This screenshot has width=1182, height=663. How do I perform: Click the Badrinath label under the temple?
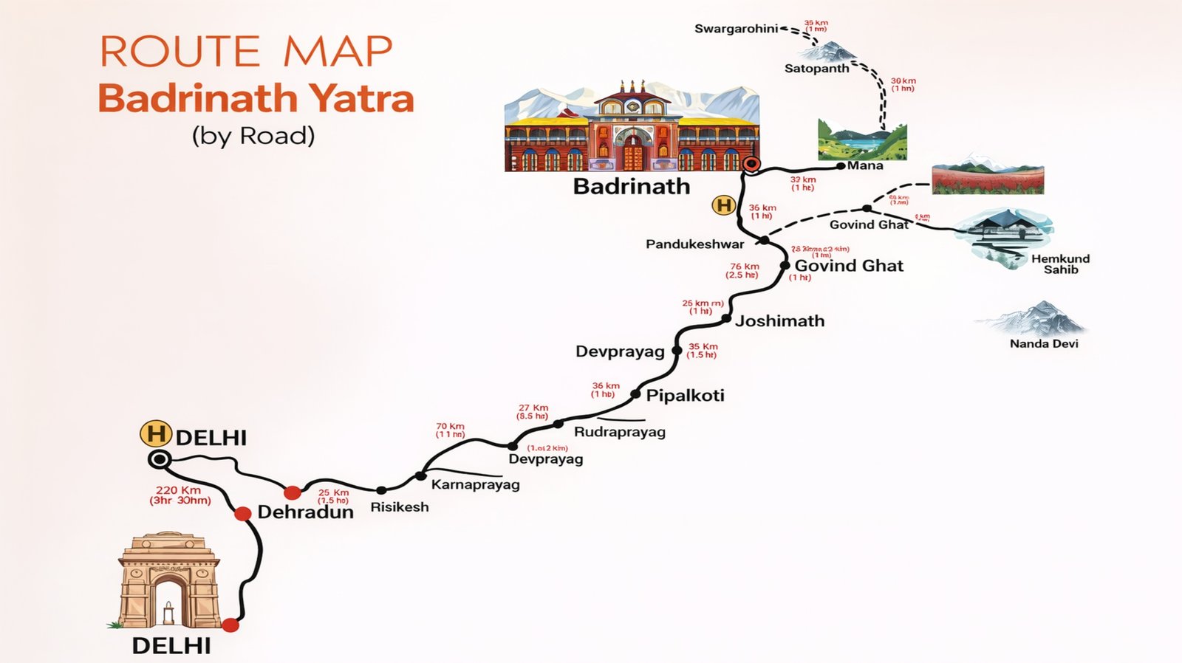click(x=632, y=186)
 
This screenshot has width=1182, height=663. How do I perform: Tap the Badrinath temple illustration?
click(x=632, y=127)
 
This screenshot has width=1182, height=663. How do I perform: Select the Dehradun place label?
click(x=305, y=512)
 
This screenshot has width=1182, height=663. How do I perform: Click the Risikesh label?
click(x=399, y=506)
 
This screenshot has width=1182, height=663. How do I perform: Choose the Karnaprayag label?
click(x=475, y=484)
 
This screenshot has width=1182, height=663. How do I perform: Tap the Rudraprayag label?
click(x=619, y=432)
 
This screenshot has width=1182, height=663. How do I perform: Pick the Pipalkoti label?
click(x=685, y=396)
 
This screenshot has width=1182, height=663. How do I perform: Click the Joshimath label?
click(x=779, y=320)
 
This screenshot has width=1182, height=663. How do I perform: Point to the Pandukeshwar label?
click(x=694, y=244)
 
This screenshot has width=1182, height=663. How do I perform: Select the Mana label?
click(x=865, y=165)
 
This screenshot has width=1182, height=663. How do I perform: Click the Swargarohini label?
click(x=736, y=29)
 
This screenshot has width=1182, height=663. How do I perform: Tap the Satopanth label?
click(x=816, y=69)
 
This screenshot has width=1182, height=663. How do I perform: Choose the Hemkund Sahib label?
click(x=1060, y=264)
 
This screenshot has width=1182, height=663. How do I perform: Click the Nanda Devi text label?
click(x=1044, y=343)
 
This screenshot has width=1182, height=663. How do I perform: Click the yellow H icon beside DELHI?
click(x=156, y=434)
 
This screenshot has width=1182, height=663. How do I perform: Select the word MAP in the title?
click(x=338, y=52)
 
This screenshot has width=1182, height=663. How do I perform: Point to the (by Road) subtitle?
click(x=253, y=136)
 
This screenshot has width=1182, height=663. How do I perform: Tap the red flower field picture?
click(x=988, y=179)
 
